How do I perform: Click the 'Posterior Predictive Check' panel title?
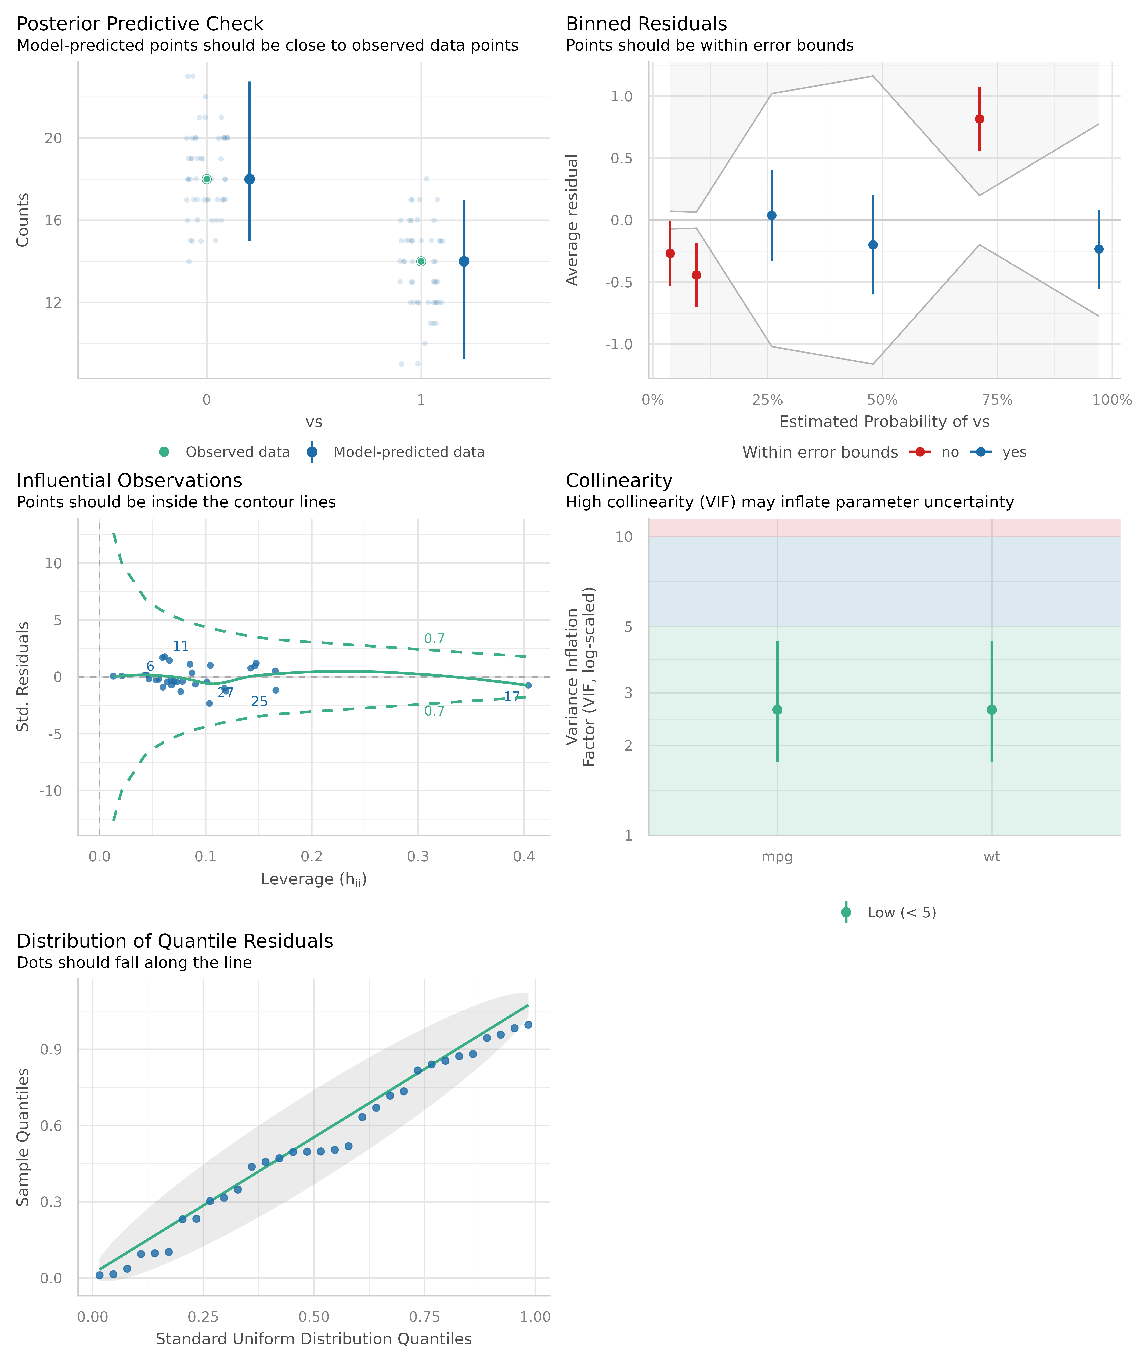point(140,24)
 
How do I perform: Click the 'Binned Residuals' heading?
point(646,24)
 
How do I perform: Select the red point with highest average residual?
point(979,119)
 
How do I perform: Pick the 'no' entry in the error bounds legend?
point(949,452)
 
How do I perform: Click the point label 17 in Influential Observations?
point(512,697)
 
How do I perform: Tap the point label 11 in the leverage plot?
point(181,646)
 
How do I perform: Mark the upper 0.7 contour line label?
point(434,638)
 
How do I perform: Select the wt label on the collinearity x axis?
point(991,857)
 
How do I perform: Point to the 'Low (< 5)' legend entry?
point(901,913)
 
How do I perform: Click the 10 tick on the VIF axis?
point(624,537)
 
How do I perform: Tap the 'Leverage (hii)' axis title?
point(314,879)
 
